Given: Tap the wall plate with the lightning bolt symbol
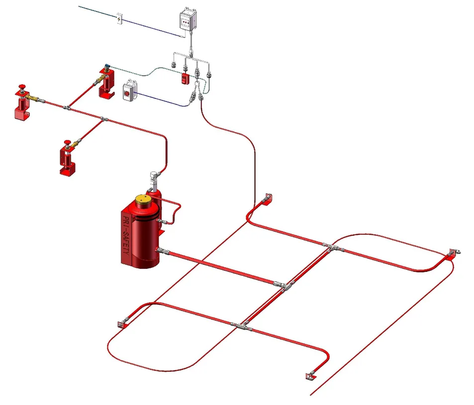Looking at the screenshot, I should (x=119, y=18).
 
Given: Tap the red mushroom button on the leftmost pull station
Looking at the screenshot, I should (x=21, y=87).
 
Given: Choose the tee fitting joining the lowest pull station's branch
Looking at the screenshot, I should (x=103, y=119).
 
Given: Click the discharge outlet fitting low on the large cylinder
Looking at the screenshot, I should (x=159, y=249).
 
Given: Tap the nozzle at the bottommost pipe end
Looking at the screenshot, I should (x=310, y=376).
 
